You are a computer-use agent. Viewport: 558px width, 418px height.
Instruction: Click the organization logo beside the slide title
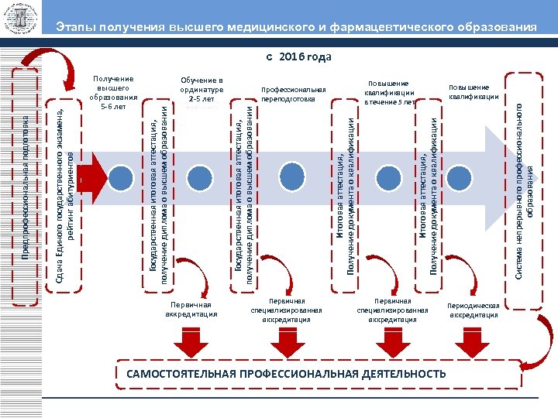tap(21, 22)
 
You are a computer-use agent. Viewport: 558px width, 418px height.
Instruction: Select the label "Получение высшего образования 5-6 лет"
tap(113, 92)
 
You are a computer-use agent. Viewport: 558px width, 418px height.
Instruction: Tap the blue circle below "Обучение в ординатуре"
tap(204, 174)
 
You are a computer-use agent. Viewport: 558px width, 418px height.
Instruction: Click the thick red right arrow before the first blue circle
tap(94, 174)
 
